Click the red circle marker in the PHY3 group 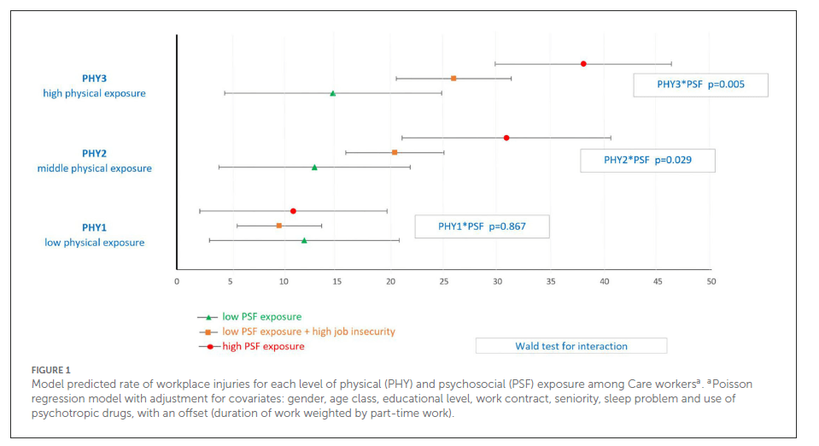pyautogui.click(x=583, y=63)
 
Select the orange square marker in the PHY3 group pyautogui.click(x=453, y=78)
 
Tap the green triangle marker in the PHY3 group pyautogui.click(x=333, y=93)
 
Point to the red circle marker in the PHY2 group pyautogui.click(x=506, y=138)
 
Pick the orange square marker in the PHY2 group pyautogui.click(x=395, y=152)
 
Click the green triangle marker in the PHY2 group pyautogui.click(x=314, y=167)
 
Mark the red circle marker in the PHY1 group pyautogui.click(x=293, y=210)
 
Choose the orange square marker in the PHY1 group pyautogui.click(x=279, y=226)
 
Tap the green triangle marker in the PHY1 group pyautogui.click(x=304, y=241)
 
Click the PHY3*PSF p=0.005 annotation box pyautogui.click(x=700, y=85)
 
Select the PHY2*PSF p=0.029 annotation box pyautogui.click(x=647, y=160)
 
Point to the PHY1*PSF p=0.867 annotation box pyautogui.click(x=482, y=226)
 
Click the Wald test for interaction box pyautogui.click(x=570, y=346)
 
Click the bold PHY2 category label pyautogui.click(x=94, y=153)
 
